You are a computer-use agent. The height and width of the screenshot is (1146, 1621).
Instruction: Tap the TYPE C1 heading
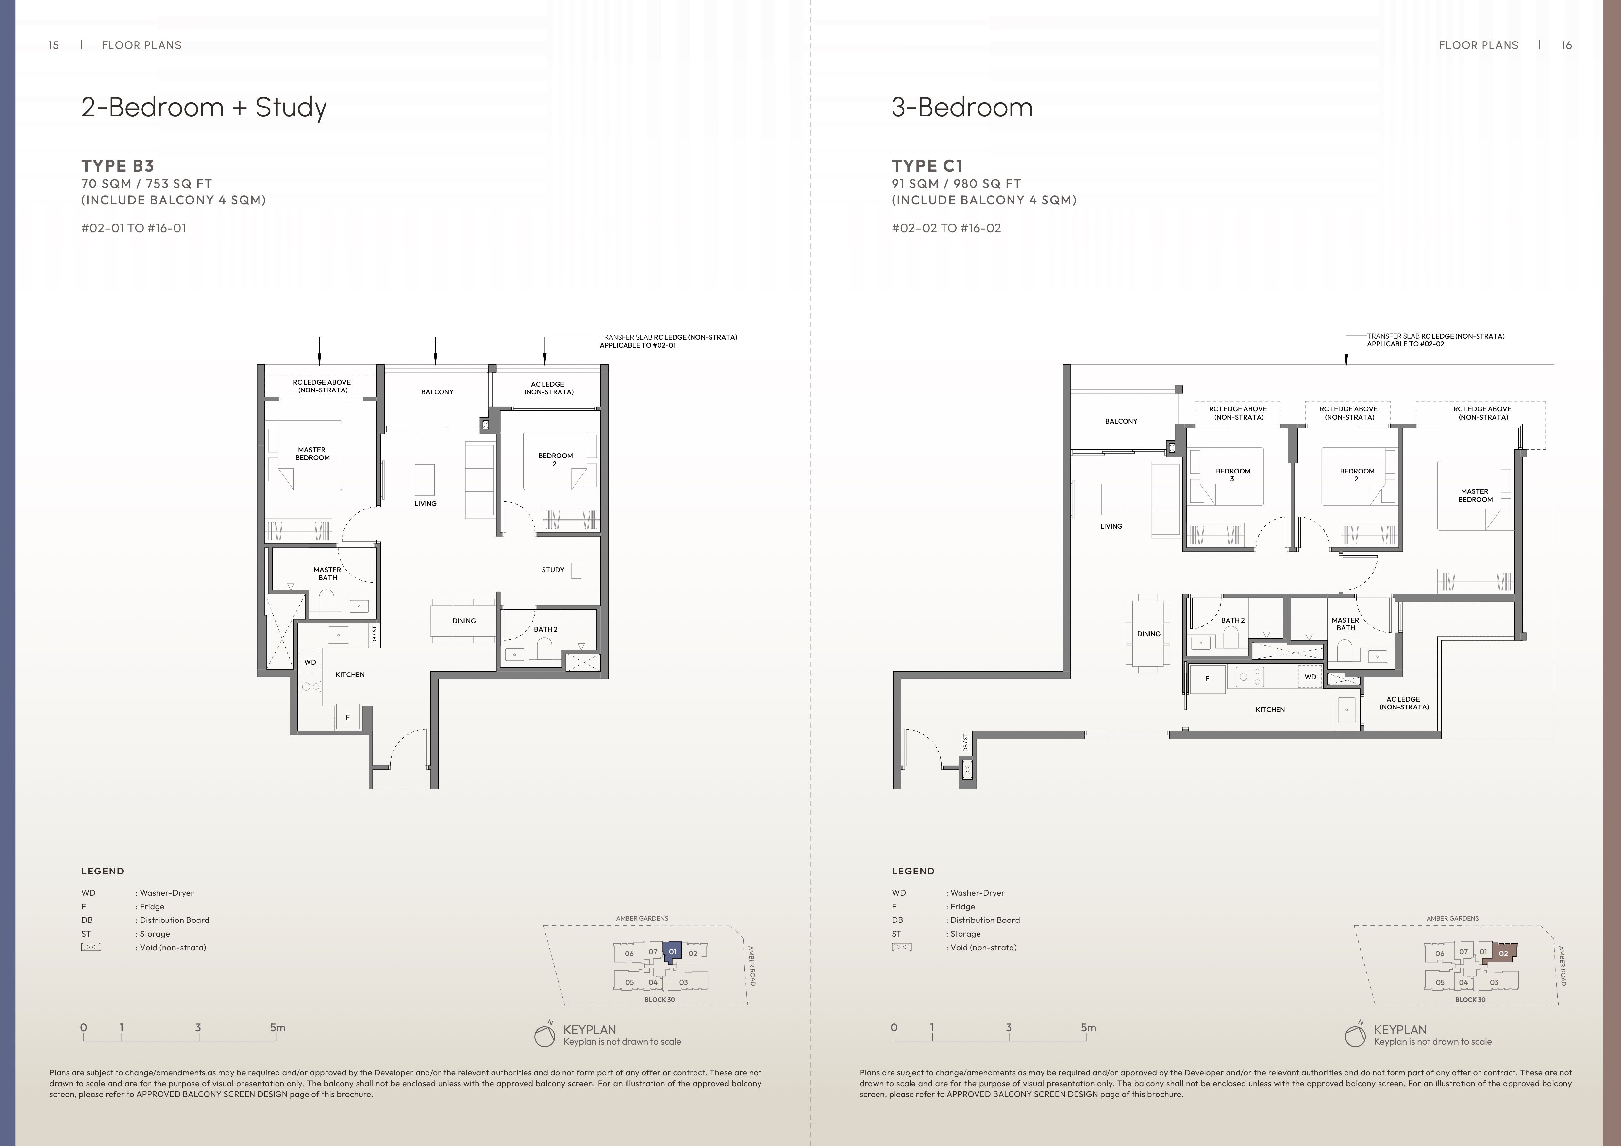927,166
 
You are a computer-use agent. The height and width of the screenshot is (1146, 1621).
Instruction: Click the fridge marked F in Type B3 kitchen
347,717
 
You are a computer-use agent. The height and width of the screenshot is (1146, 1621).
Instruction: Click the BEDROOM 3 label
1233,474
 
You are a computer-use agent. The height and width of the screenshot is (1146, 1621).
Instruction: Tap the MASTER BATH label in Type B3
327,573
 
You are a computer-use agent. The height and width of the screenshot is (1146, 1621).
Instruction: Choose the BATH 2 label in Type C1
1233,620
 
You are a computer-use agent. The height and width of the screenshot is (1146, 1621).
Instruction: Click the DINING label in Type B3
464,621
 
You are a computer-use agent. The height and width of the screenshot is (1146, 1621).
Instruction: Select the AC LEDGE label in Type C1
1404,703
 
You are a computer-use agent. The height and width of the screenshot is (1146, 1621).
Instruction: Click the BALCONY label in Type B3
437,392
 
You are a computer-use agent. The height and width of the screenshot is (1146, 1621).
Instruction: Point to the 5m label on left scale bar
277,1027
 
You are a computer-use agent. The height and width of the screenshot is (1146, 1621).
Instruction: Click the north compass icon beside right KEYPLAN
1355,1036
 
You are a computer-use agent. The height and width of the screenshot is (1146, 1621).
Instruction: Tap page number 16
1567,45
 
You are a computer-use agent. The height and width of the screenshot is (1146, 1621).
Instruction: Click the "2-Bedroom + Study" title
204,107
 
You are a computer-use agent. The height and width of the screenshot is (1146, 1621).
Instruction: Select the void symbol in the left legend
91,947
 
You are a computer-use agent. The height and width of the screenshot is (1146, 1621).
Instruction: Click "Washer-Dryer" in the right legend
977,892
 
